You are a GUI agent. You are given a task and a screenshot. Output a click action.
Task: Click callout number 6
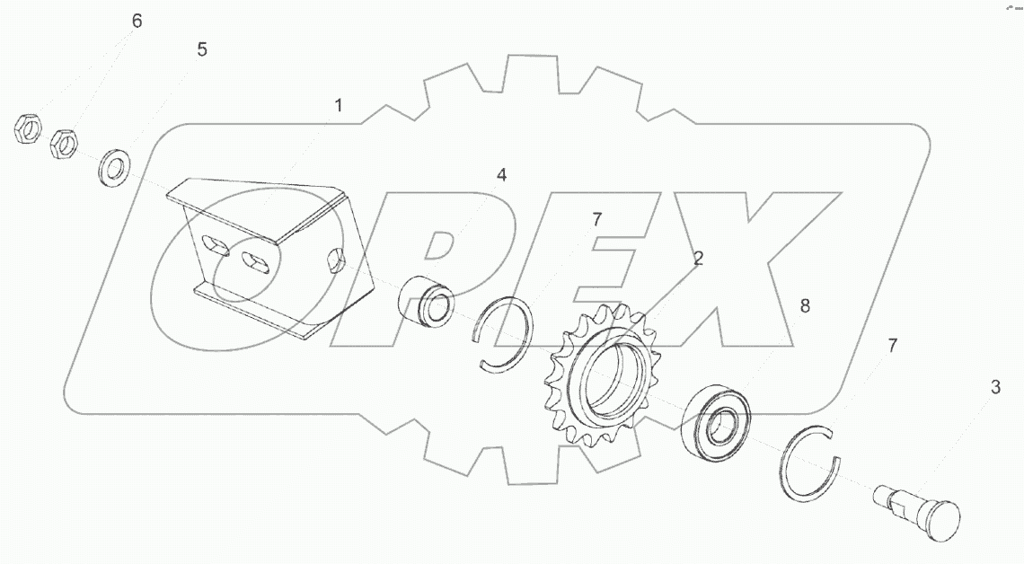click(137, 21)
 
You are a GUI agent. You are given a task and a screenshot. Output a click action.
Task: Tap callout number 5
click(202, 49)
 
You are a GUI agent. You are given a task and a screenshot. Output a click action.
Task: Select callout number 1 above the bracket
click(339, 105)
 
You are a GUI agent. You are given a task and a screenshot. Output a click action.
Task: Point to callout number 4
click(501, 175)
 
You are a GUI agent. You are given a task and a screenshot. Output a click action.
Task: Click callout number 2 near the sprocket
click(698, 259)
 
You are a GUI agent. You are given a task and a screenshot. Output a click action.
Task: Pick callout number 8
click(805, 305)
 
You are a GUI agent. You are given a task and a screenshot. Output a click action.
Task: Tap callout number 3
click(995, 387)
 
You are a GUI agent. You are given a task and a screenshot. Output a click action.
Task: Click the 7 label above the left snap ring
click(596, 219)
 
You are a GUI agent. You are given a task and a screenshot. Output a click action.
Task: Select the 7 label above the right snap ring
click(892, 346)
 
